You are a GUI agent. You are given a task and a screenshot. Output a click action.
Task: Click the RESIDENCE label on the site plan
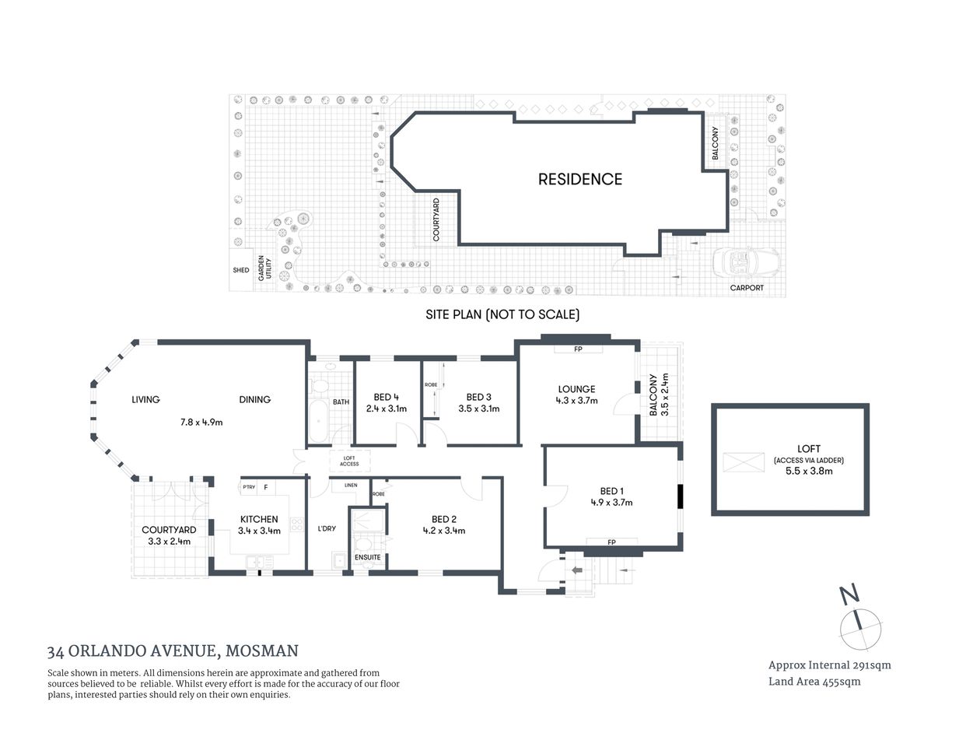(580, 179)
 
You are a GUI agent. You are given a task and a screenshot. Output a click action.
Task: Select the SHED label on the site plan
(241, 270)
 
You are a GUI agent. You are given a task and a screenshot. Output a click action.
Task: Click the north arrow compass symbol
(860, 627)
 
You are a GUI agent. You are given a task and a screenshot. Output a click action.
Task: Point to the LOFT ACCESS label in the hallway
(349, 461)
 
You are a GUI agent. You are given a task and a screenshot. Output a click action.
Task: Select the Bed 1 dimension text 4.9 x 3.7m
(611, 503)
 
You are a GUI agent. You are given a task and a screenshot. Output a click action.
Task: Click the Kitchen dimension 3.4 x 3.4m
(259, 531)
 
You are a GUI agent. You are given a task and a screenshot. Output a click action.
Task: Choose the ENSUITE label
(368, 557)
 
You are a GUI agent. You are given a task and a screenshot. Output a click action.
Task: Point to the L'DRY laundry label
(327, 528)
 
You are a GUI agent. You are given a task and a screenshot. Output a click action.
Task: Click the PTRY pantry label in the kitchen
(249, 488)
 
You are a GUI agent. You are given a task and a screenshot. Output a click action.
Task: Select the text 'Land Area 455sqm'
(814, 682)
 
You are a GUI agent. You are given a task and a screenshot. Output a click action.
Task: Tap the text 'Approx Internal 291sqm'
(829, 665)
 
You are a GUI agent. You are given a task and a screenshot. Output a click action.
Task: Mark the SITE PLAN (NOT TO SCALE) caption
(502, 315)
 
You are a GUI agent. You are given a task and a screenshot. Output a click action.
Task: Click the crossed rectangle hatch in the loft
(744, 462)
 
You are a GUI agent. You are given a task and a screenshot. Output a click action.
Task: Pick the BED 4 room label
(381, 397)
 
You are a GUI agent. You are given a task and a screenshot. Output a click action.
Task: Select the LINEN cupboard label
(351, 486)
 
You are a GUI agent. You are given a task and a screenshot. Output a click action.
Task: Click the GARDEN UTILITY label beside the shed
(264, 269)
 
